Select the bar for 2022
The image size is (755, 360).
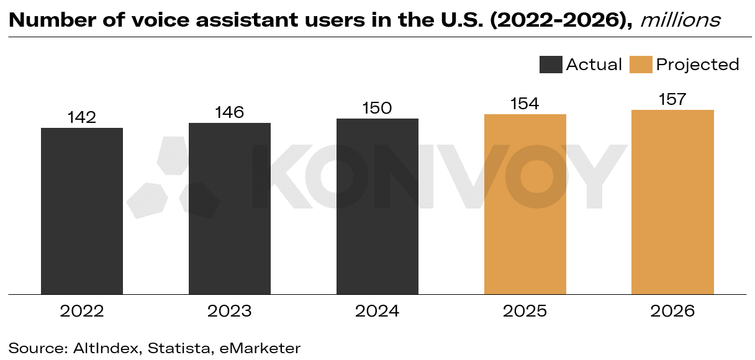click(x=82, y=211)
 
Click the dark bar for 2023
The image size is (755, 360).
click(x=230, y=209)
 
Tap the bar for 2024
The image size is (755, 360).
click(x=377, y=206)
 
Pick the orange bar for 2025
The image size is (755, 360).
click(x=525, y=204)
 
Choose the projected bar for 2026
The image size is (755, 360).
click(x=672, y=202)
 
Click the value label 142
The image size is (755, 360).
click(x=82, y=117)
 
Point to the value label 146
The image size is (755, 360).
click(x=230, y=112)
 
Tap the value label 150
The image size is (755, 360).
click(x=377, y=108)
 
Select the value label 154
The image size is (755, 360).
click(x=525, y=104)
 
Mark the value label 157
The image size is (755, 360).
click(x=672, y=99)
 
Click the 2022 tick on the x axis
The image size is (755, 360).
click(x=82, y=311)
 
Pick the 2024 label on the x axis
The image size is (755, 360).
click(x=377, y=311)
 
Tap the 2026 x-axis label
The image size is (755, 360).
click(x=672, y=311)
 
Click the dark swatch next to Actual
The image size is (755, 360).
click(x=551, y=65)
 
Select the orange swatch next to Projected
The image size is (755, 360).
click(x=641, y=65)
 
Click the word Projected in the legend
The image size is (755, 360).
click(x=698, y=65)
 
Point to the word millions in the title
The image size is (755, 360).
click(x=680, y=20)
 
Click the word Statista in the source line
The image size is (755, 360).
click(x=179, y=348)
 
